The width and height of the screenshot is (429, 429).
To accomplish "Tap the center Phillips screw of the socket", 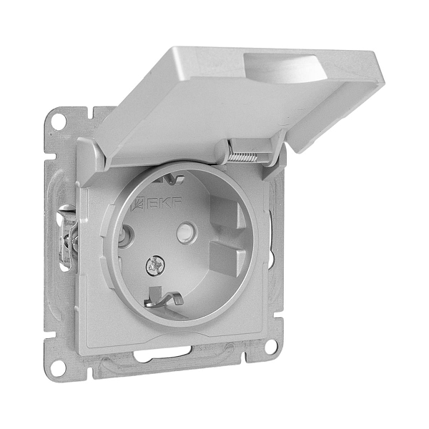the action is (154, 266).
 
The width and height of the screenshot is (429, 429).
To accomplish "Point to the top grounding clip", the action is (169, 179).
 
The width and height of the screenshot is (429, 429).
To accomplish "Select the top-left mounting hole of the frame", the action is (59, 119).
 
